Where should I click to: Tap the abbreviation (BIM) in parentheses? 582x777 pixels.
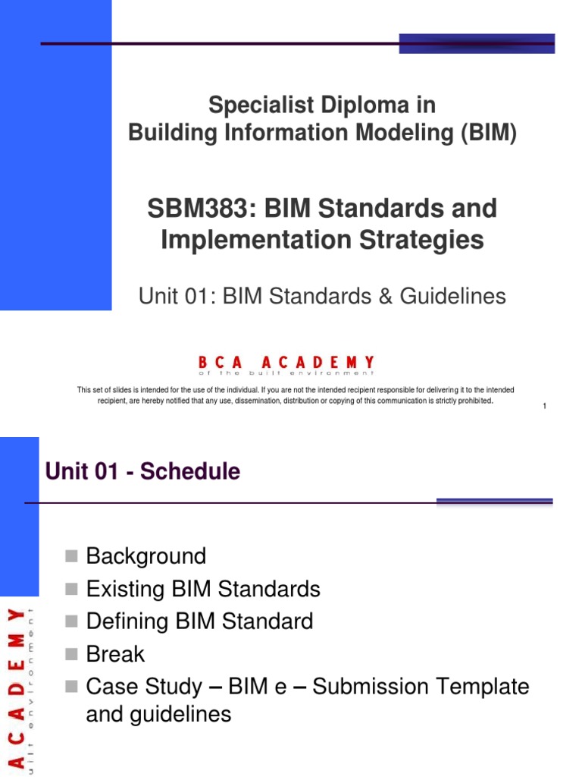[484, 133]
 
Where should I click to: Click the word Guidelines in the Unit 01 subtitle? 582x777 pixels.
[455, 296]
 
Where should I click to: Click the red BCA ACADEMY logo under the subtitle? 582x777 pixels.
[286, 364]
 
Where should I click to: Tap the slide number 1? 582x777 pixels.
[545, 407]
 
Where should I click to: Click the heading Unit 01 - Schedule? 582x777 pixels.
[142, 471]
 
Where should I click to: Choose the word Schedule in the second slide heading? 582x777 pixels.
[190, 471]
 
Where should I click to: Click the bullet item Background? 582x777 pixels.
[146, 556]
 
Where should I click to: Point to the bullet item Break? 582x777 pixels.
[115, 654]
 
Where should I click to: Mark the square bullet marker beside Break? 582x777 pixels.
[72, 655]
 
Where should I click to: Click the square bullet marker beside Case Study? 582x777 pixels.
[72, 687]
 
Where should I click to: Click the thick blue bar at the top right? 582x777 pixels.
[477, 43]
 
